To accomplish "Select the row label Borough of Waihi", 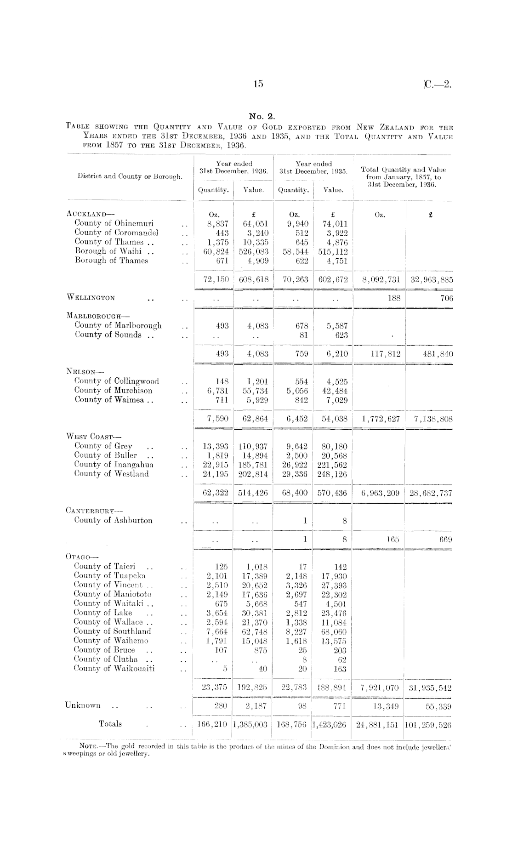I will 114,251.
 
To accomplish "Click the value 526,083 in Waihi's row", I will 253,252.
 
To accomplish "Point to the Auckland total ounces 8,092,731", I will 381,279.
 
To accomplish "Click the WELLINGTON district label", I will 91,298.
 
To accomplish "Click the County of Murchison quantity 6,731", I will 216,391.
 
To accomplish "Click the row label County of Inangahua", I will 114,465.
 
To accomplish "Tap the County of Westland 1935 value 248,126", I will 332,474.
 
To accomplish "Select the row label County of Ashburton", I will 113,521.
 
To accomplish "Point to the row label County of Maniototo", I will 113,594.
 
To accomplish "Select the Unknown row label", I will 83,705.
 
